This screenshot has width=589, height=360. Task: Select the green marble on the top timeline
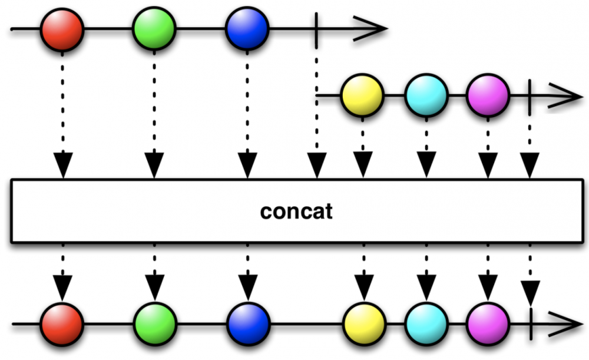click(154, 28)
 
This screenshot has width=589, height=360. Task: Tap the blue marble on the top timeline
click(247, 28)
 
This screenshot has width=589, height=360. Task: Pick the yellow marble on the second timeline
click(362, 95)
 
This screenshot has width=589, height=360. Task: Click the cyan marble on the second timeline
click(426, 95)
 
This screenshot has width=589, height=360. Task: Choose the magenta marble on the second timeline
click(488, 95)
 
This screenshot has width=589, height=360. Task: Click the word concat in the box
click(296, 211)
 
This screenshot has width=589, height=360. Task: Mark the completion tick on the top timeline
click(317, 28)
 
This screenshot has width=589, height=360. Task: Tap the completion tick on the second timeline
click(530, 95)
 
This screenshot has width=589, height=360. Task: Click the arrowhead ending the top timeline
click(371, 28)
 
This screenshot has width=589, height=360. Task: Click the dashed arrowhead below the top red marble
click(62, 165)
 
